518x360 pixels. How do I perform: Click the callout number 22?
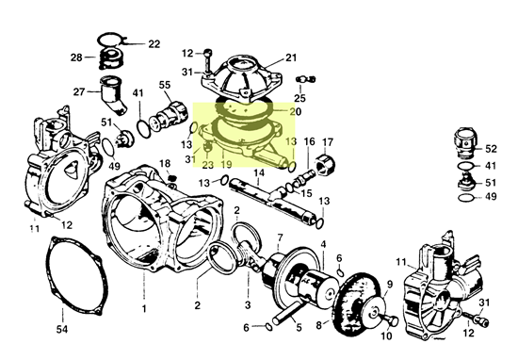154,44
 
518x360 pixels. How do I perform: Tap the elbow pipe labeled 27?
113,95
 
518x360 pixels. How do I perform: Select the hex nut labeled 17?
326,163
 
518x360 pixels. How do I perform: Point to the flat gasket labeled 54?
77,276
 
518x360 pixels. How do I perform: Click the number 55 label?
165,85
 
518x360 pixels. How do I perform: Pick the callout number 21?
291,57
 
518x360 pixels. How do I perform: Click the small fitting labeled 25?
305,79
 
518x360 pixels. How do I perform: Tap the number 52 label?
491,149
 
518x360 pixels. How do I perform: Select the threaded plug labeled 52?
465,142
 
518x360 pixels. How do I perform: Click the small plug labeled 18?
171,178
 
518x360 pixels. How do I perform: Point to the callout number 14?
259,172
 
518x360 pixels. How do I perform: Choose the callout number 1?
144,309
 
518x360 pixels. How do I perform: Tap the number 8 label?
318,325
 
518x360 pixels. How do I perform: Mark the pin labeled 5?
287,312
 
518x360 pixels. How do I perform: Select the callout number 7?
280,237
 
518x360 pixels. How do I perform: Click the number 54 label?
62,329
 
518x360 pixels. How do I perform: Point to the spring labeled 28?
111,58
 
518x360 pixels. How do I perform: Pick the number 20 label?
296,112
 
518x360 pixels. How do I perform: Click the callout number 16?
309,141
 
